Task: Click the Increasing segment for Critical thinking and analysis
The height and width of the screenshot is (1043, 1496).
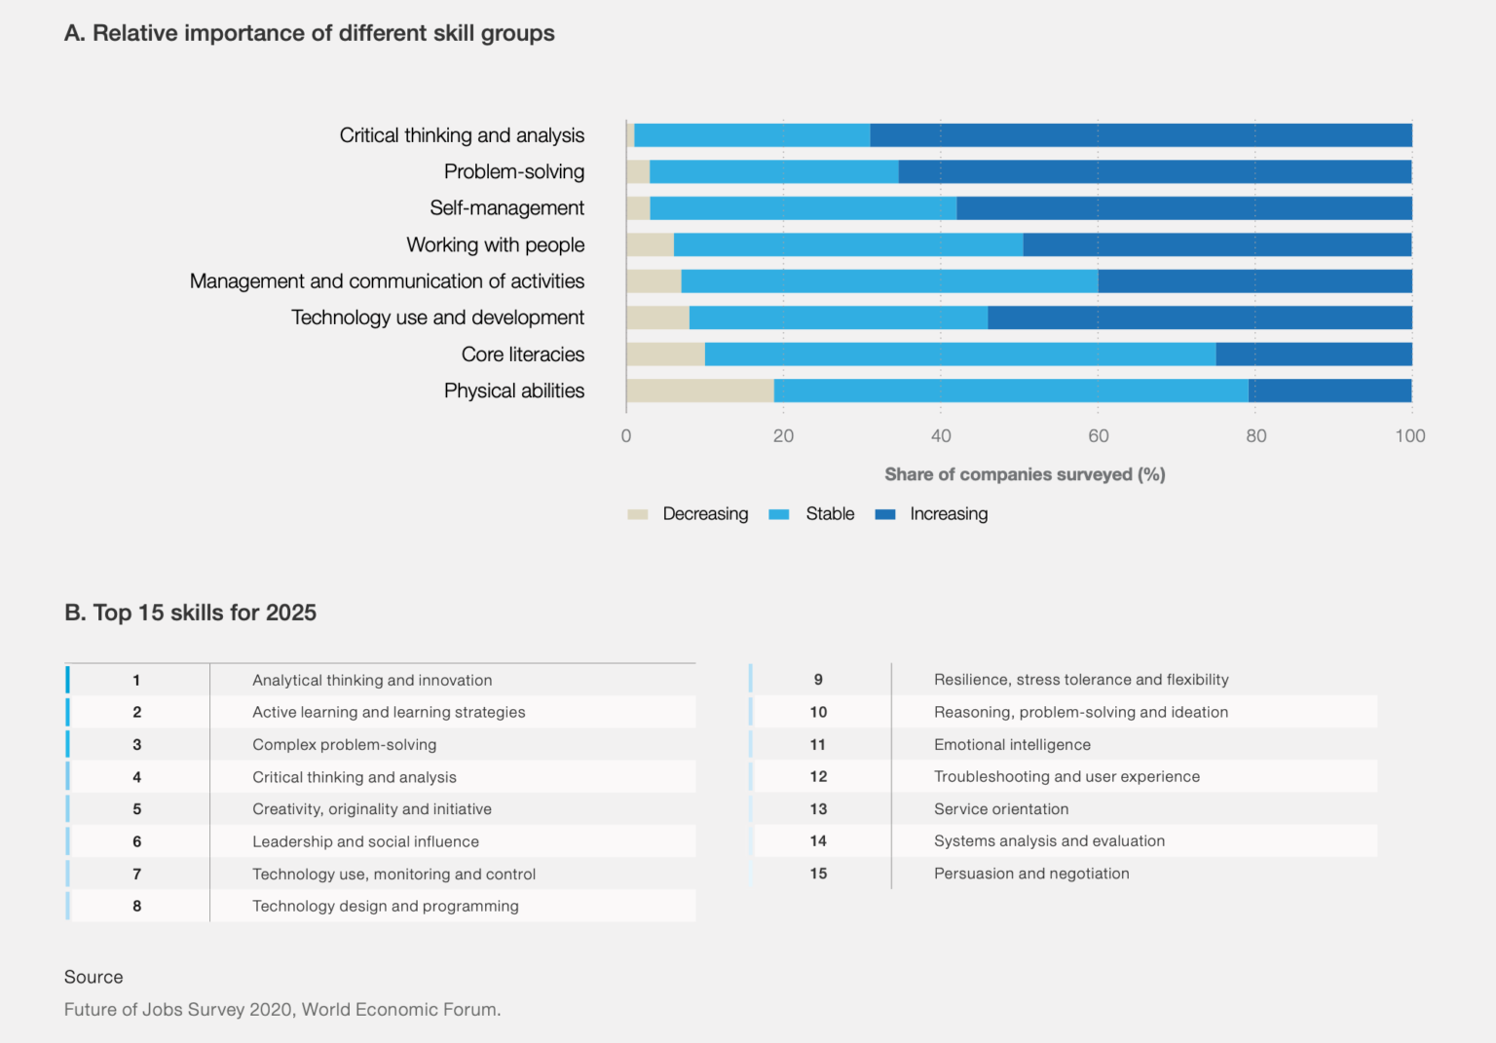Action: pos(1141,135)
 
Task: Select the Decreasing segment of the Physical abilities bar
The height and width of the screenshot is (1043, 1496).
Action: pos(700,391)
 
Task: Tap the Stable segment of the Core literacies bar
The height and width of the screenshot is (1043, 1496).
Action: pos(960,354)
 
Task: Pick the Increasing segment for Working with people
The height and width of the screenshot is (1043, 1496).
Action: pos(1217,244)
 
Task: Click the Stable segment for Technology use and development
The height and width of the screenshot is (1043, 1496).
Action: pos(839,317)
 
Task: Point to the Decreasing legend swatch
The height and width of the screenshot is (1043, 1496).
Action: pos(638,514)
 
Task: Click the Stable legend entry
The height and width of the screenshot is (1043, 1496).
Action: pos(829,514)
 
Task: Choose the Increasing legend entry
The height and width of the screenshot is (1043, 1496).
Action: pos(948,514)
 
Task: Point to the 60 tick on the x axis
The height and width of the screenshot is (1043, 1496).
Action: pos(1099,436)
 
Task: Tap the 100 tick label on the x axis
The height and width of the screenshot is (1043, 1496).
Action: pos(1409,436)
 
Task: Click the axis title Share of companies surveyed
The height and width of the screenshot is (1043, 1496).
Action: pos(1025,474)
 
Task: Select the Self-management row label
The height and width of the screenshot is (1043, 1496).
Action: pos(506,208)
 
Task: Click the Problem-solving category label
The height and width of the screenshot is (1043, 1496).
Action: pos(514,172)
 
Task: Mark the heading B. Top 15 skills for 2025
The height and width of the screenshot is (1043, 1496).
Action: pos(191,613)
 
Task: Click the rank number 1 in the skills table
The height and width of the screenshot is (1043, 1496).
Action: pos(136,681)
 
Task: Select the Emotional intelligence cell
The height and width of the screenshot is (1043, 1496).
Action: pos(1012,745)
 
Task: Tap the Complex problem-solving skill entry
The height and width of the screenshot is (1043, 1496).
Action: pos(344,745)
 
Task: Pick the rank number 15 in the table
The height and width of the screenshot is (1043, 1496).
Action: pos(818,874)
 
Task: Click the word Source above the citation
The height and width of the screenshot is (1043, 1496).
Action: pos(93,977)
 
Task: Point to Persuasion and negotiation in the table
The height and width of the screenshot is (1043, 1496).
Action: pos(1031,874)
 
